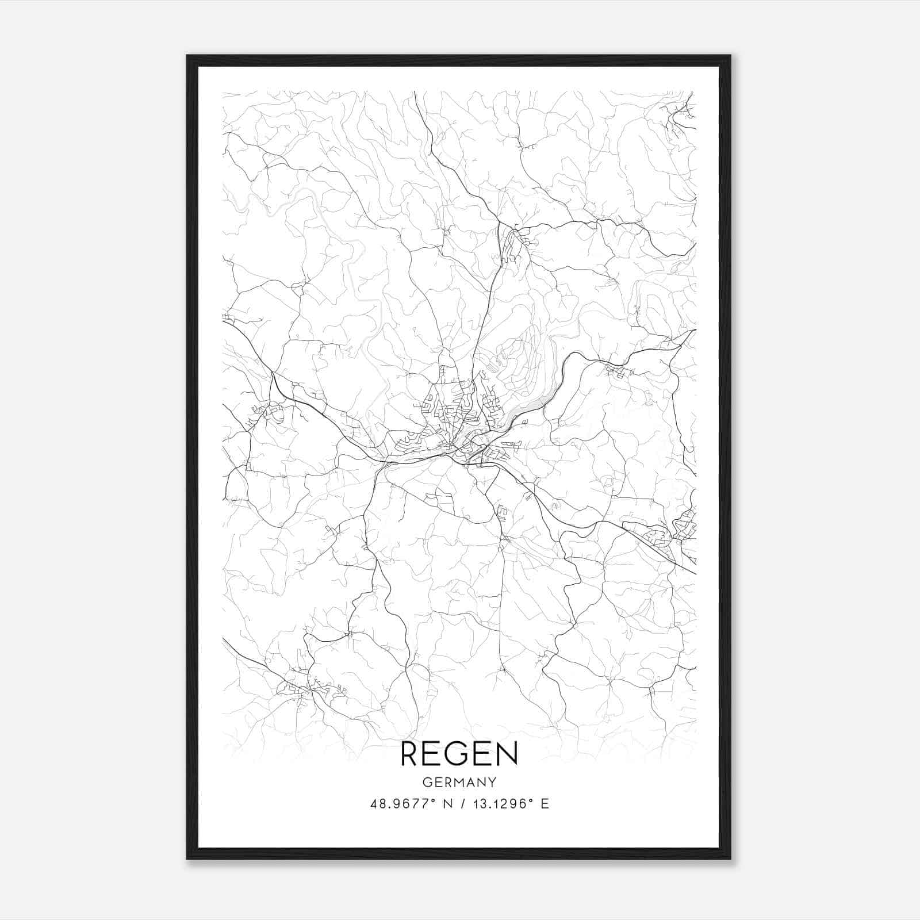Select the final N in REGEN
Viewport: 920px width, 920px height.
click(507, 754)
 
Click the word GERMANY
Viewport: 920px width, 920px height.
click(459, 782)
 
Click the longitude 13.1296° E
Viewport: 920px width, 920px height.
click(509, 804)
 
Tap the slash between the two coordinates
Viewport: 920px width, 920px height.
click(462, 804)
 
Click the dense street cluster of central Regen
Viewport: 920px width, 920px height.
click(460, 425)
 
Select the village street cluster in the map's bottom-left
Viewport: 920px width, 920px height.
click(305, 687)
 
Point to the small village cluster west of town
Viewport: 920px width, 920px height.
click(267, 411)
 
